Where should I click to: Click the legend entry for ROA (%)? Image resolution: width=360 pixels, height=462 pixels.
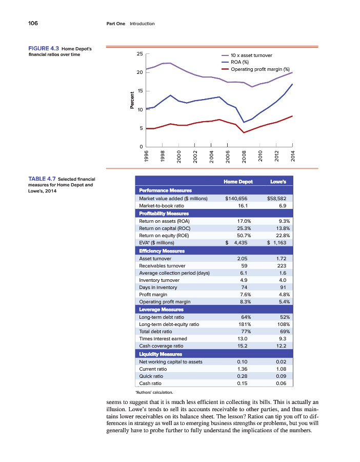tap(241, 62)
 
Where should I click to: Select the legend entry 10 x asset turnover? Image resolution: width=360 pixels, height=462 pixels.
tap(251, 55)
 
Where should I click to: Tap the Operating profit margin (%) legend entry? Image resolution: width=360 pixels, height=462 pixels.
tap(260, 69)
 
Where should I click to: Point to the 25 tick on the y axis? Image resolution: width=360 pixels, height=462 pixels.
tap(139, 54)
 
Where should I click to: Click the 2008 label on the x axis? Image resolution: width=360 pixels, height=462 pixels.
tap(244, 157)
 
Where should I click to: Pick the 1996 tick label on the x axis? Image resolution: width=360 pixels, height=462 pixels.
tap(147, 157)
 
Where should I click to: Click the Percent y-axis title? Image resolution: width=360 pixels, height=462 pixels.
tap(132, 100)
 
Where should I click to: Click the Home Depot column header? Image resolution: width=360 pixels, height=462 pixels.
tap(238, 182)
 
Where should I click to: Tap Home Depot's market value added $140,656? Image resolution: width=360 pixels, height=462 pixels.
tap(236, 198)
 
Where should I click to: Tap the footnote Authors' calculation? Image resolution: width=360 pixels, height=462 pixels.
tap(156, 392)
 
